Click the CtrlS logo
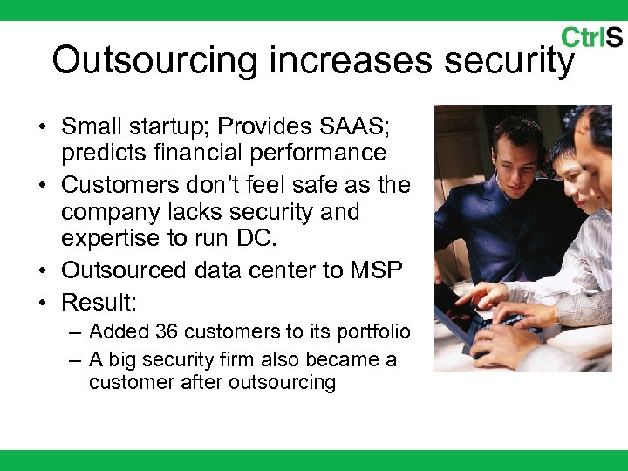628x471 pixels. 591,38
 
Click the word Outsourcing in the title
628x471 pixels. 156,60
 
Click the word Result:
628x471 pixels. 98,302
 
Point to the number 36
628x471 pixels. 167,331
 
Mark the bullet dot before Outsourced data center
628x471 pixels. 42,271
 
